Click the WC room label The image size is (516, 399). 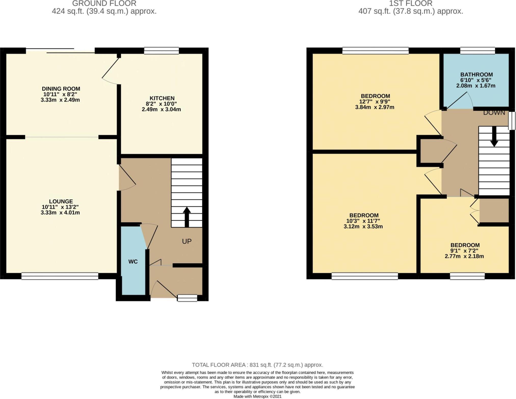tap(133, 262)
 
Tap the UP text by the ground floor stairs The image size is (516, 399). tap(187, 241)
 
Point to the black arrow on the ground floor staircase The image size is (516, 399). tap(187, 216)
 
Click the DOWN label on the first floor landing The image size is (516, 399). tap(494, 113)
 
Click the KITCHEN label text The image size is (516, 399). tap(162, 98)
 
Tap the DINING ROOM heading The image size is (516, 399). tap(61, 89)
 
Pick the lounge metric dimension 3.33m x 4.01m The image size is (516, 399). tap(60, 213)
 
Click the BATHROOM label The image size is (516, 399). tap(476, 75)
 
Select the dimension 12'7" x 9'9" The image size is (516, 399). tap(375, 102)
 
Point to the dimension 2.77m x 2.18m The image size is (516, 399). tap(464, 256)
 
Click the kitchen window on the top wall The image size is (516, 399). tap(161, 51)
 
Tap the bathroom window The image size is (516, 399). tap(477, 51)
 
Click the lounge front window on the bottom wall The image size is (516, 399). tap(60, 276)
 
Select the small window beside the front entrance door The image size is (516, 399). tap(187, 298)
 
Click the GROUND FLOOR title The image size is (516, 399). tap(104, 4)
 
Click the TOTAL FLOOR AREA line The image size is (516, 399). tap(257, 365)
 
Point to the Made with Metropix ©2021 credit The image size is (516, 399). tap(257, 396)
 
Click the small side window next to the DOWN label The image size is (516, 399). tap(512, 121)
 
